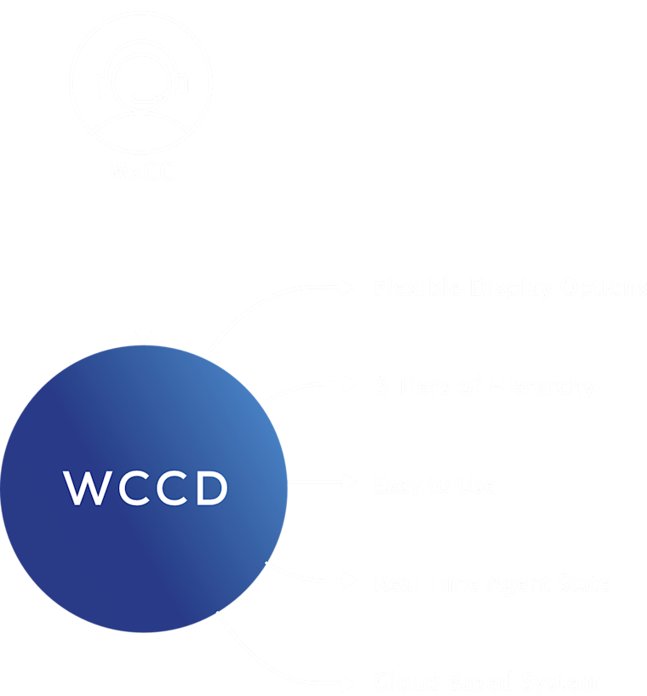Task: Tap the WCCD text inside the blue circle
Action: point(146,488)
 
